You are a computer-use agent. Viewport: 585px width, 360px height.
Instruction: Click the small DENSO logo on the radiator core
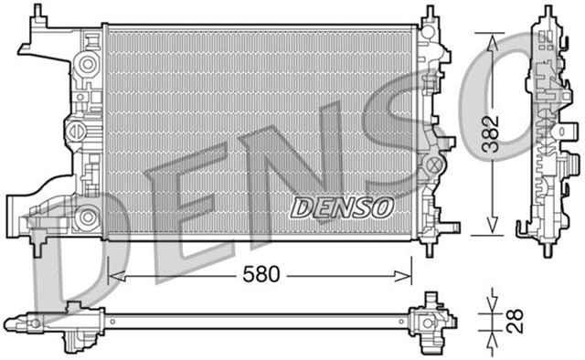click(343, 206)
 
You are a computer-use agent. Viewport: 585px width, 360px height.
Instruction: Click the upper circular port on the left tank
click(88, 64)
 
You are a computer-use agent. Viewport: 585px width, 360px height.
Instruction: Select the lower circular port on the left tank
click(87, 217)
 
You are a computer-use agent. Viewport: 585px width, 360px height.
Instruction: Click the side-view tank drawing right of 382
click(548, 128)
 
